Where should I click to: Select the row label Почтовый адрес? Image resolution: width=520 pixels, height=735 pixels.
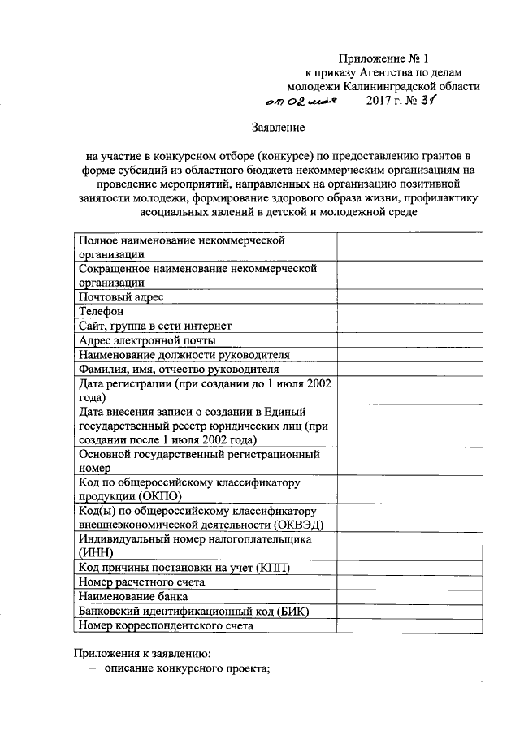120,297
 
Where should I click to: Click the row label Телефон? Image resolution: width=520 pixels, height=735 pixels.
101,312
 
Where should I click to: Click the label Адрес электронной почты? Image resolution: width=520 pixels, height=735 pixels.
146,341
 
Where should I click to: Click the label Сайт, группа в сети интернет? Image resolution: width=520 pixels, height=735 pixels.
155,326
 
